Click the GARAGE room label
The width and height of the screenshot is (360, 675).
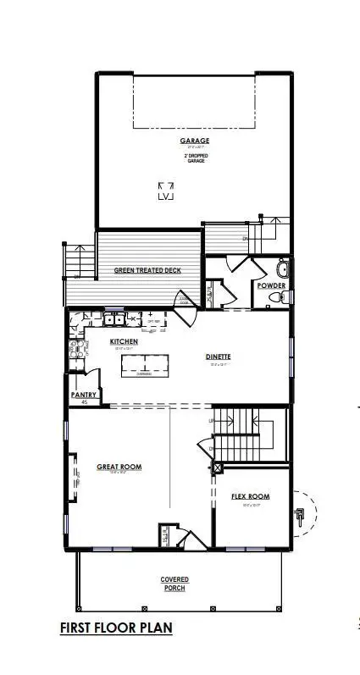(x=194, y=141)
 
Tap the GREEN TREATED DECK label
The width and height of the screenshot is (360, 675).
(x=147, y=271)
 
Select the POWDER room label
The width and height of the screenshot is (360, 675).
(x=272, y=286)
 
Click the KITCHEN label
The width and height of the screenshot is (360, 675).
(x=124, y=341)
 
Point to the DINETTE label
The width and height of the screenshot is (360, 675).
(x=217, y=357)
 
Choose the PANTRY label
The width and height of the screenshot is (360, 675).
(x=84, y=395)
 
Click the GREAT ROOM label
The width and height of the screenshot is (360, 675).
(x=119, y=467)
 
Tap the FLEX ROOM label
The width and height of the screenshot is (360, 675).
(x=250, y=496)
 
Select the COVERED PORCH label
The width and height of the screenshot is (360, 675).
(x=174, y=584)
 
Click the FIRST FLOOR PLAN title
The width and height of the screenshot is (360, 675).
(x=117, y=628)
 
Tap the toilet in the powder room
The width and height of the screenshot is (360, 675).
(x=284, y=297)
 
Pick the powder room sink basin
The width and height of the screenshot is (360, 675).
(x=283, y=271)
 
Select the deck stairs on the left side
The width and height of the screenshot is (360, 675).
(x=78, y=261)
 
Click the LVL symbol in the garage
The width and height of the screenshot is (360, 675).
(x=165, y=191)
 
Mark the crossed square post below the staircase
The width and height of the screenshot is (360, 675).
(x=218, y=467)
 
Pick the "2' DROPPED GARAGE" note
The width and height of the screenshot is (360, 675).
(x=194, y=158)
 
